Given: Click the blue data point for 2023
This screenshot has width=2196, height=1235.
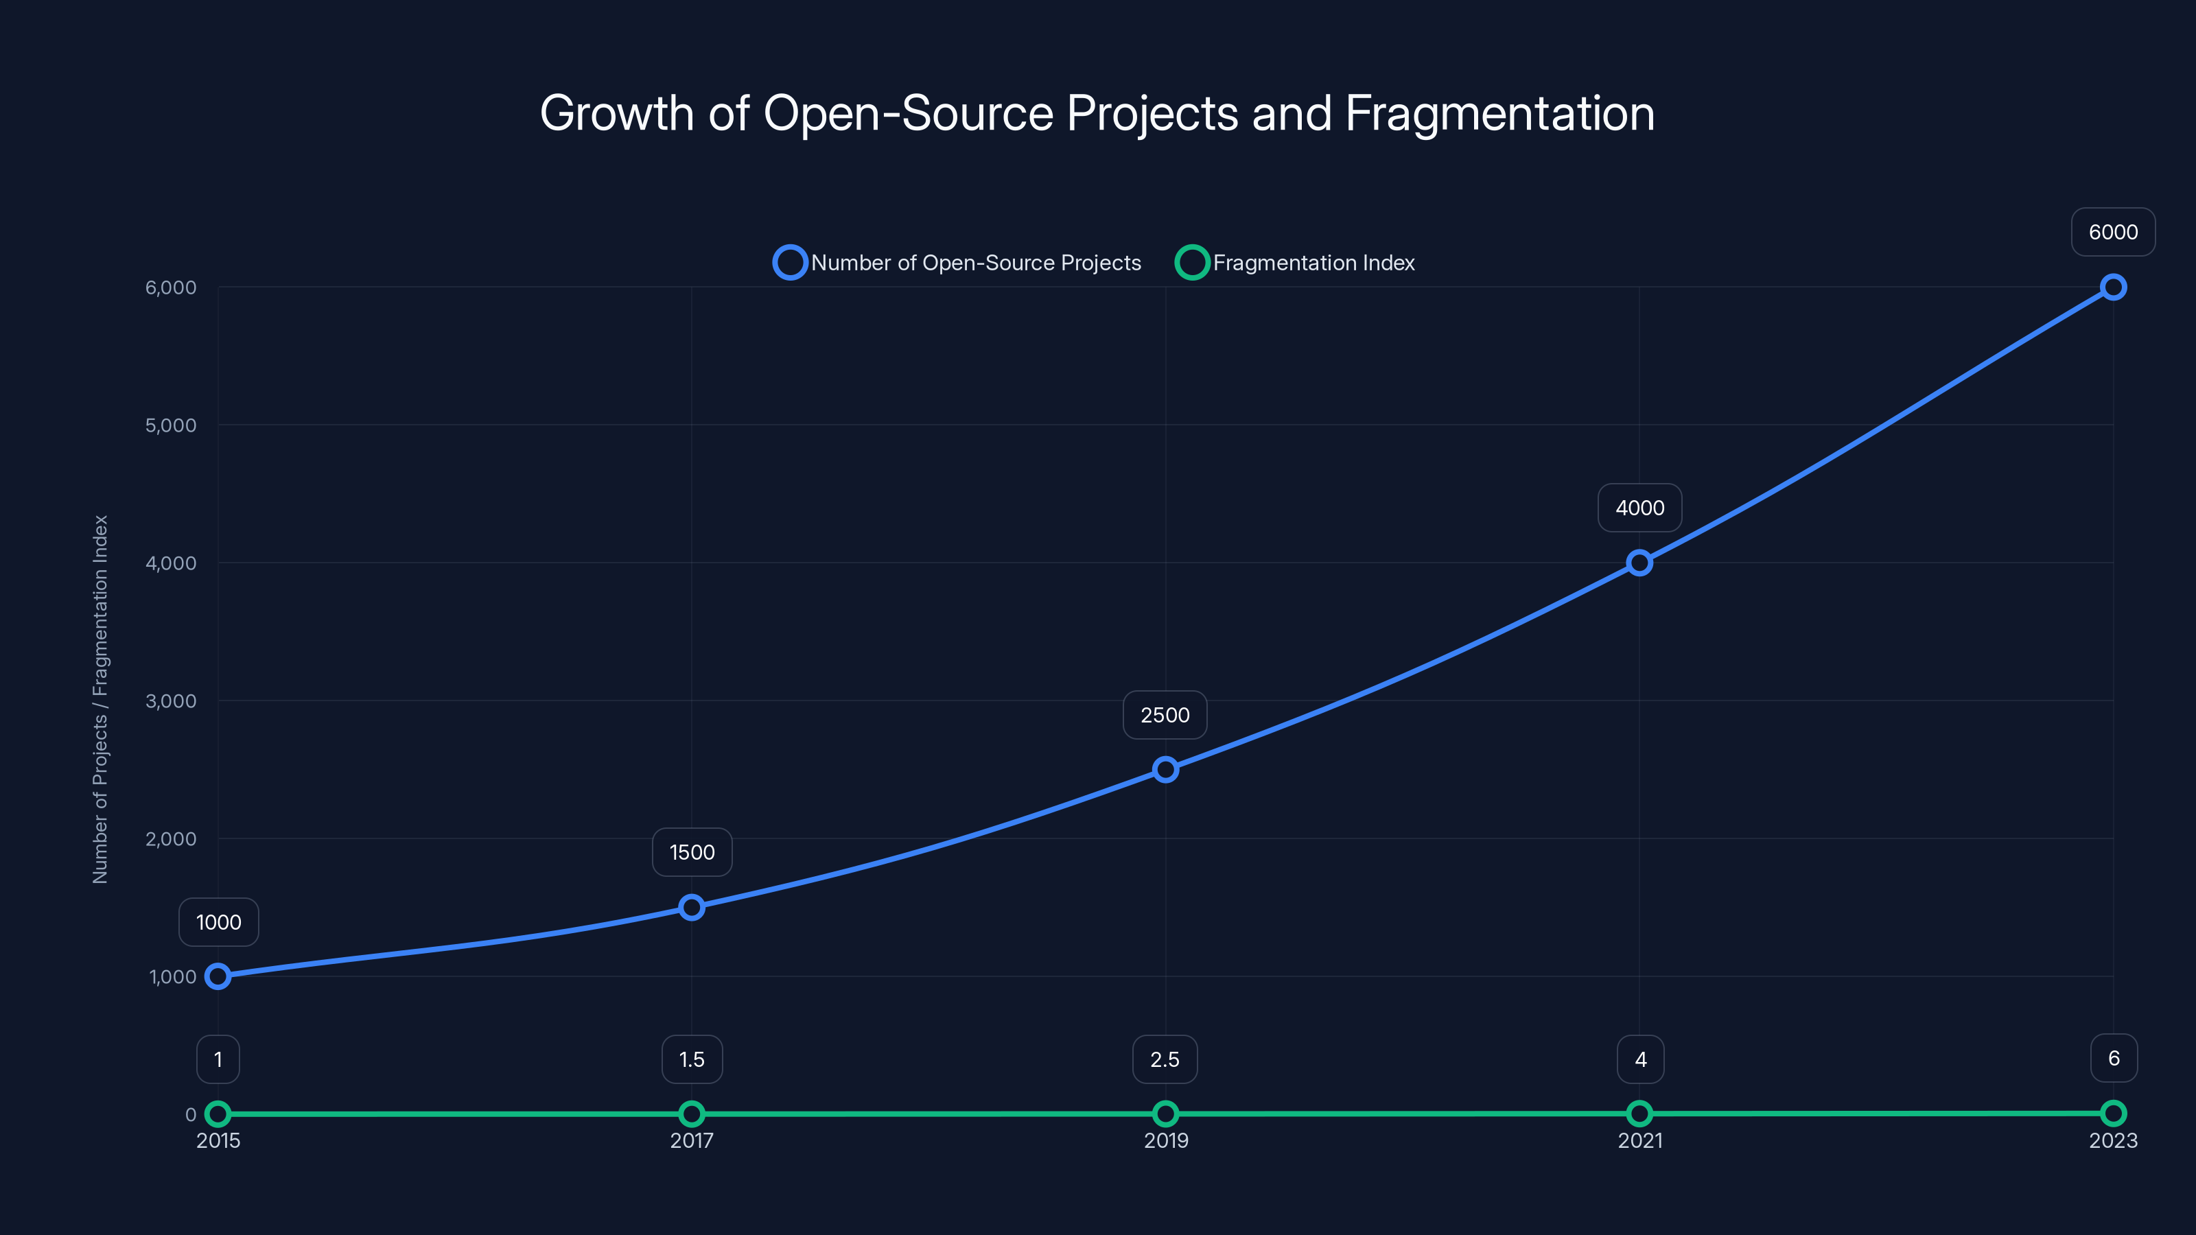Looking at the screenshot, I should (x=2112, y=287).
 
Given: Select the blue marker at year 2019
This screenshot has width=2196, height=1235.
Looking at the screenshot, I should (x=1165, y=770).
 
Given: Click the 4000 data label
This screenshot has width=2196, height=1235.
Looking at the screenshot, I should (x=1639, y=508).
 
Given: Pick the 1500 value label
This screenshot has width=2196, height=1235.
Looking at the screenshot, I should (x=691, y=852).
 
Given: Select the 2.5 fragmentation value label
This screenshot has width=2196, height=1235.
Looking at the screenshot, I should (x=1165, y=1059).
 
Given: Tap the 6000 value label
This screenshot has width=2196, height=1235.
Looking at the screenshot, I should (x=2112, y=232).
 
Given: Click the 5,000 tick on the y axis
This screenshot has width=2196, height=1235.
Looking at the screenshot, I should (x=170, y=425).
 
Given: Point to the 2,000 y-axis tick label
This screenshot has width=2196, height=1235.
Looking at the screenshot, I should (x=170, y=838).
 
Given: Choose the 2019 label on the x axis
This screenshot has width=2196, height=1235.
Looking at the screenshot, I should (x=1165, y=1140).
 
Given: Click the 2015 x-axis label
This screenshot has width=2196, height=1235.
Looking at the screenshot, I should (x=218, y=1140).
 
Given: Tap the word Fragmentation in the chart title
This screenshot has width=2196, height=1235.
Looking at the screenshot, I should (x=1499, y=113).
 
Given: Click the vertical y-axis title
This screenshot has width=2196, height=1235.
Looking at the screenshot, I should (x=101, y=699).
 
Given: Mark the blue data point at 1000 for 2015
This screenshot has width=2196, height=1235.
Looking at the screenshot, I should (x=218, y=976).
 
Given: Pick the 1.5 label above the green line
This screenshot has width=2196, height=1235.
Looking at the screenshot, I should (x=691, y=1059).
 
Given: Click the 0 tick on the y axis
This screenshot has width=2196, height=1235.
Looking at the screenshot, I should (x=191, y=1114).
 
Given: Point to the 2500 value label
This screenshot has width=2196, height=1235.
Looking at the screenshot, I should (x=1165, y=715).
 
